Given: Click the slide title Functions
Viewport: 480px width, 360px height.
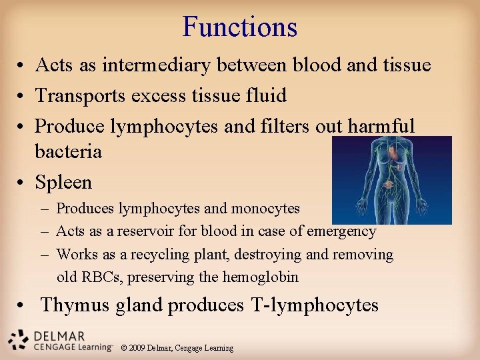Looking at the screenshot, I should pos(240,27).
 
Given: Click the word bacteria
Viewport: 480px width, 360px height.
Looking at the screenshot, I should pos(68,151).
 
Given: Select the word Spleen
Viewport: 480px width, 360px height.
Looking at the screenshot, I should pos(63,182).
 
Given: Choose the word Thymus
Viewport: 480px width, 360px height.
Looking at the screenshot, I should pos(75,305).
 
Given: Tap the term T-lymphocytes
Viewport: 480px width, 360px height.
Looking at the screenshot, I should pos(315,305).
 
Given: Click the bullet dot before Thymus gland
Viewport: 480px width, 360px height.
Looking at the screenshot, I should pos(23,305).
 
